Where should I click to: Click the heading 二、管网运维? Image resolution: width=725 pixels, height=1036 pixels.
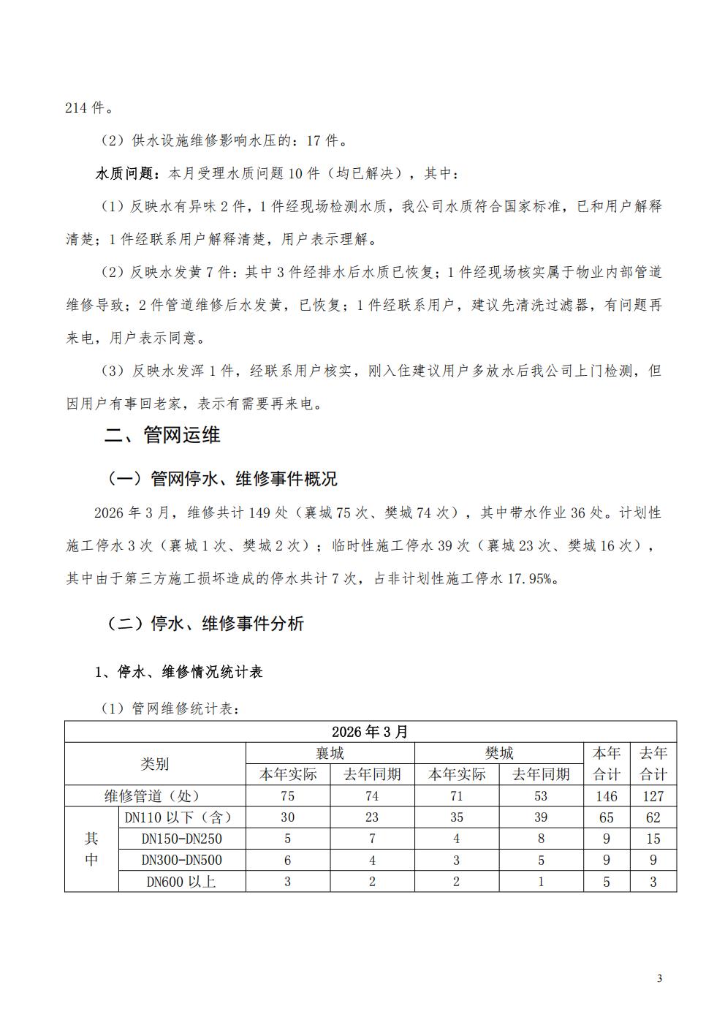point(162,436)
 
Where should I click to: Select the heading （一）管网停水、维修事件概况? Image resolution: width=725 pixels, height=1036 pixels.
point(222,479)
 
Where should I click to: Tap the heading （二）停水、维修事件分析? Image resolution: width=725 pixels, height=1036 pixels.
point(205,624)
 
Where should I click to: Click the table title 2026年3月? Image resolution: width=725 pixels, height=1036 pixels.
point(371,732)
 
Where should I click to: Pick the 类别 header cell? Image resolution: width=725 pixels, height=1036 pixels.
point(155,764)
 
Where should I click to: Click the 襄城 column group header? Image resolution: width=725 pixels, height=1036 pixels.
point(330,753)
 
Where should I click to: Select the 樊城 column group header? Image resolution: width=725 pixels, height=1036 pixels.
point(499,753)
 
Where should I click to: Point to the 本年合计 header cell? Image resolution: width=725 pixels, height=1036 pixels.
point(606,764)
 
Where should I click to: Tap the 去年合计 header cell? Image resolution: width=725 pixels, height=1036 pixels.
point(653,764)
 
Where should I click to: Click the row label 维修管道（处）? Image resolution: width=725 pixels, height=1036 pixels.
point(155,796)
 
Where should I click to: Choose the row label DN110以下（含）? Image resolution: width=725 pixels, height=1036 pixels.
point(182,817)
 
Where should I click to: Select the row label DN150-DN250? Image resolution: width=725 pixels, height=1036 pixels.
point(182,839)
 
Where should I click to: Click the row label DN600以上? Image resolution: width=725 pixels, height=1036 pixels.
point(182,882)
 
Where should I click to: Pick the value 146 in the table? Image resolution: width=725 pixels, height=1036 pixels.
point(606,796)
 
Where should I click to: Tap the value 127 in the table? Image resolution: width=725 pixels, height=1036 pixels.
point(653,796)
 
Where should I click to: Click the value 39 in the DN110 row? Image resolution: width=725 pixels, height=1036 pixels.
point(541,817)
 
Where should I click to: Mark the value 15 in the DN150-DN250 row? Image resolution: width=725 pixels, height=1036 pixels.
point(653,839)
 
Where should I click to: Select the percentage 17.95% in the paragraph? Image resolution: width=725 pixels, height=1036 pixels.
point(530,579)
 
